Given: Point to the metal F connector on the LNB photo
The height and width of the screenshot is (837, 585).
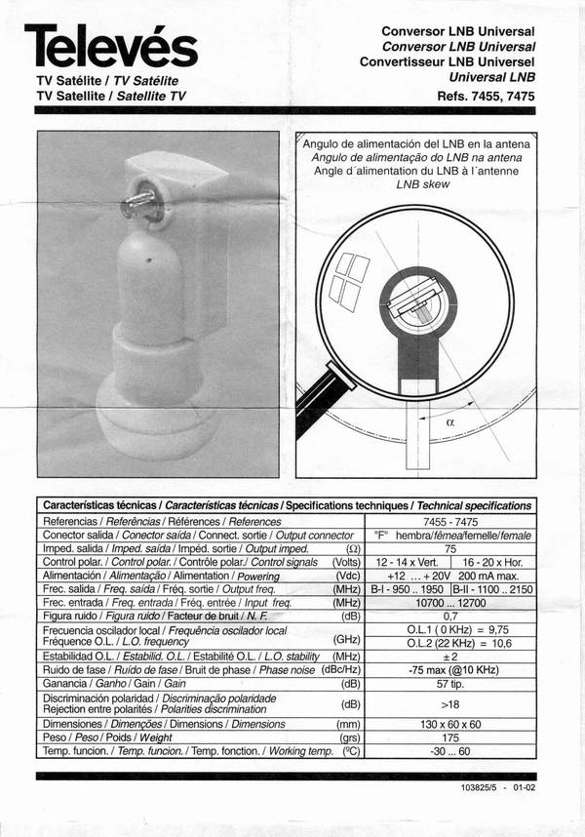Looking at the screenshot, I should tap(134, 202).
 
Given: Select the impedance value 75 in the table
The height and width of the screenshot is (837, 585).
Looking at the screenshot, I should tap(450, 549).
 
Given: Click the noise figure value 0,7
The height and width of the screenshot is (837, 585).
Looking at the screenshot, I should tap(450, 617).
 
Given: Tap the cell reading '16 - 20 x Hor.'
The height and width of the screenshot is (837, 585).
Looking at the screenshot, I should tap(495, 563).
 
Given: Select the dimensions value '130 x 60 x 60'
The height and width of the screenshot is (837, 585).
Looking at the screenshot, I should tap(450, 725).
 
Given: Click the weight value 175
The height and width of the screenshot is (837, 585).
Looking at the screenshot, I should tap(450, 738).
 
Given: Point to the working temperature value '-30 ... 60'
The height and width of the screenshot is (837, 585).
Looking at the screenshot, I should tap(450, 752).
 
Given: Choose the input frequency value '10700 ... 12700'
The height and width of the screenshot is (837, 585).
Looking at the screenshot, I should tap(450, 603).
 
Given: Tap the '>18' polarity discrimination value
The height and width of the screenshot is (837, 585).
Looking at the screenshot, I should tap(450, 704).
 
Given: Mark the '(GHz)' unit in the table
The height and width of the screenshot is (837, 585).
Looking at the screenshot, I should tap(348, 639).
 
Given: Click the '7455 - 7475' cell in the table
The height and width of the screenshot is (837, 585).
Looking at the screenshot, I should tap(450, 522).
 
